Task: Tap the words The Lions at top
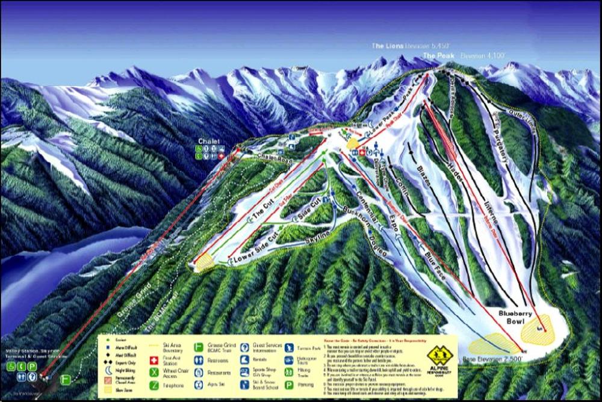[x=385, y=46]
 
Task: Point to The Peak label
[x=438, y=55]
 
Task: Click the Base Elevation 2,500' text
[x=488, y=360]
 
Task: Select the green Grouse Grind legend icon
[x=197, y=347]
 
